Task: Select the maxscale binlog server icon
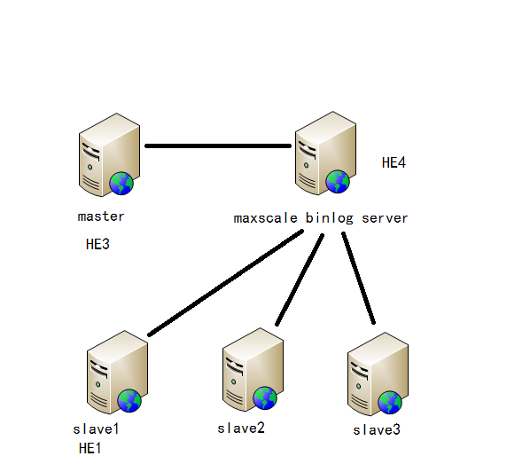323,154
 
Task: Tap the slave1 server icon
115,373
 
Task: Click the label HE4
394,163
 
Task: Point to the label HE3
97,244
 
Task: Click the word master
101,216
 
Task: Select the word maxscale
266,217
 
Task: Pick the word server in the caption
385,217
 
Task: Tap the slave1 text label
96,429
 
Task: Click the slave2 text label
241,428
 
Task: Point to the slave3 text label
377,430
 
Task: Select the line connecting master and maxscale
218,145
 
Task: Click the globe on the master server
121,184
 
